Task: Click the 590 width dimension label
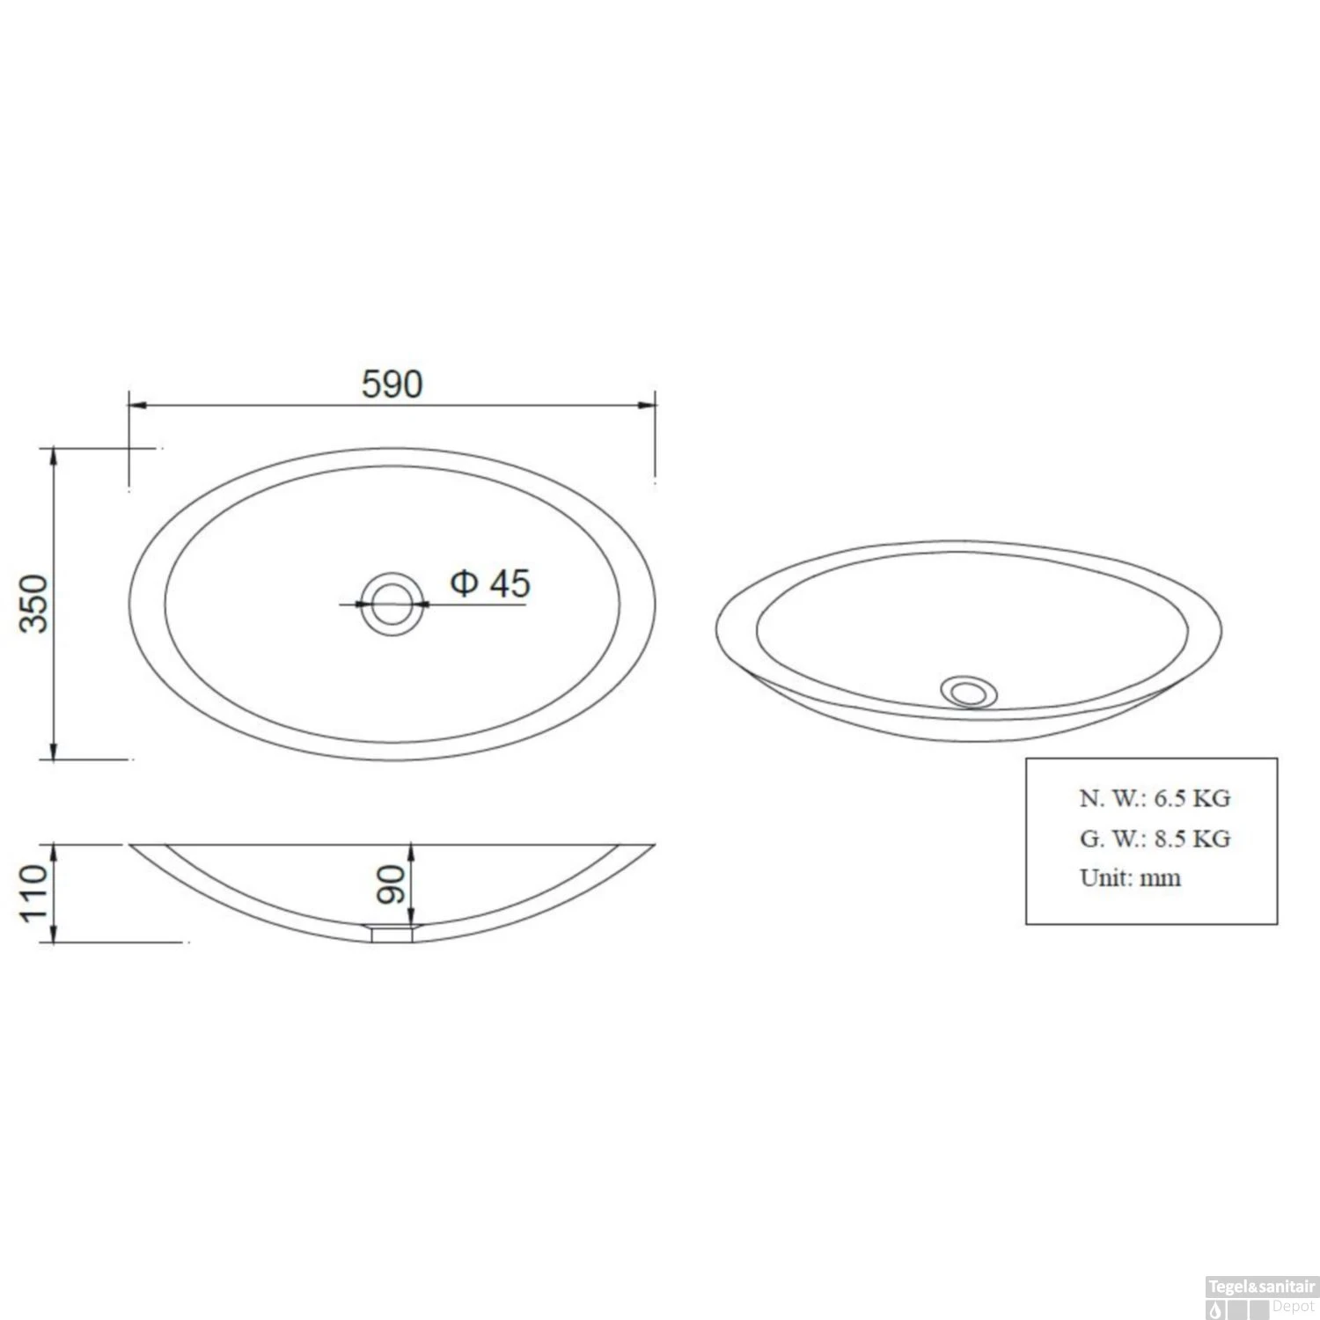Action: tap(392, 384)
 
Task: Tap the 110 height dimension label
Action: tap(34, 892)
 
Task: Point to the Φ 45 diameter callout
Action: tap(490, 583)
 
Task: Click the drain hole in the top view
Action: tap(392, 604)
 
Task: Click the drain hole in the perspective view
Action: tap(969, 691)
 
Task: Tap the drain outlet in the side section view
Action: tap(392, 933)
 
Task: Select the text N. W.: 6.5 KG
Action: tap(1155, 798)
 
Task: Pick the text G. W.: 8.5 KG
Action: tap(1155, 839)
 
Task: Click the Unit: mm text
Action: tap(1130, 877)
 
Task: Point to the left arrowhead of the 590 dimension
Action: tap(137, 405)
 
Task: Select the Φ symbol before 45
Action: tap(464, 583)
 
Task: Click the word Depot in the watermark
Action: tap(1293, 1307)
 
